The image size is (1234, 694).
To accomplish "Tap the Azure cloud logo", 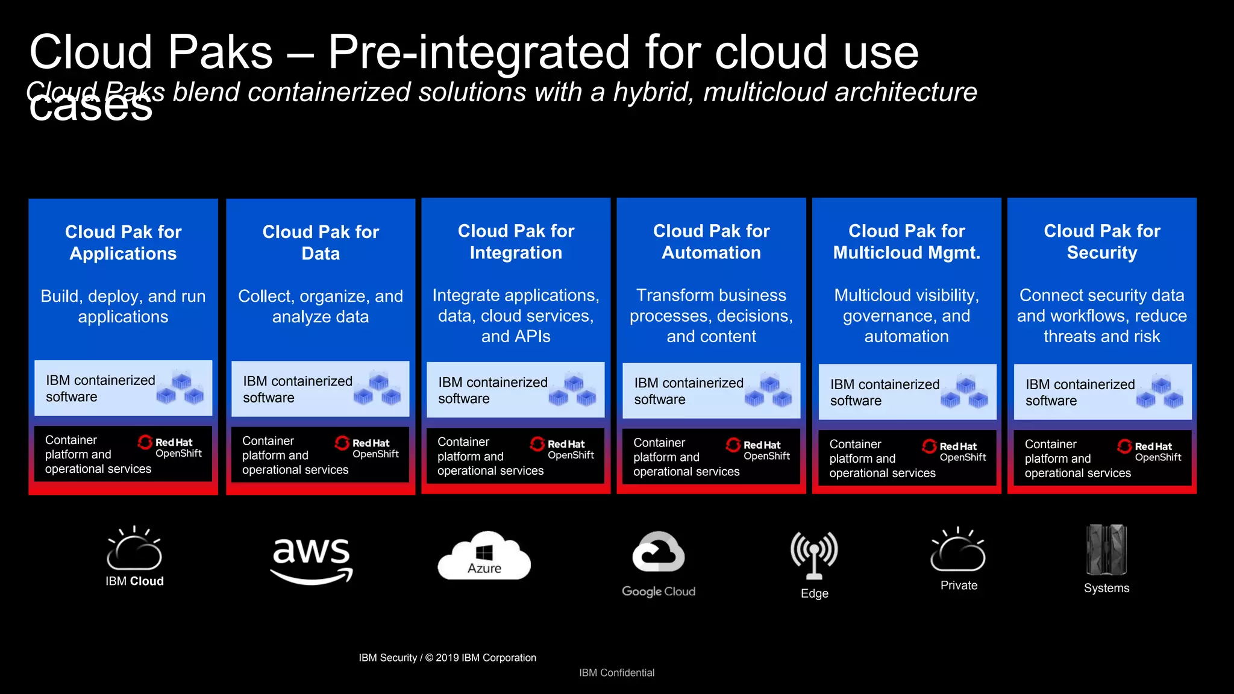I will click(x=484, y=556).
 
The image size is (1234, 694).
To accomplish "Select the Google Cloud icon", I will click(x=659, y=552).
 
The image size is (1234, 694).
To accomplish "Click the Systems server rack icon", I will click(x=1106, y=549).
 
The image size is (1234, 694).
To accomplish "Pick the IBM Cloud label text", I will click(x=134, y=581).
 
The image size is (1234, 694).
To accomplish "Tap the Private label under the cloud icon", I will click(x=959, y=586).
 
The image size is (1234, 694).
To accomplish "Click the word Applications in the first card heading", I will click(x=123, y=254).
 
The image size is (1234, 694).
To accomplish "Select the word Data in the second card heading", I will click(x=321, y=254).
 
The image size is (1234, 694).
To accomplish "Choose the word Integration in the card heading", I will click(x=516, y=253).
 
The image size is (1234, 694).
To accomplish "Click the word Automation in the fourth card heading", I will click(x=711, y=253).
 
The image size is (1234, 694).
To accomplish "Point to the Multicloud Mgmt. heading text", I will click(x=906, y=253).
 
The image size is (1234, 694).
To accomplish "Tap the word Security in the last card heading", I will click(x=1101, y=253).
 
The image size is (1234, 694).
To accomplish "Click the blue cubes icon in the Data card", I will click(x=378, y=388).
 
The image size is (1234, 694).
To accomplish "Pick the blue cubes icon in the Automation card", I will click(x=769, y=390).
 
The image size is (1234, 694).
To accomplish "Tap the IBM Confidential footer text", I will click(x=616, y=673).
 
